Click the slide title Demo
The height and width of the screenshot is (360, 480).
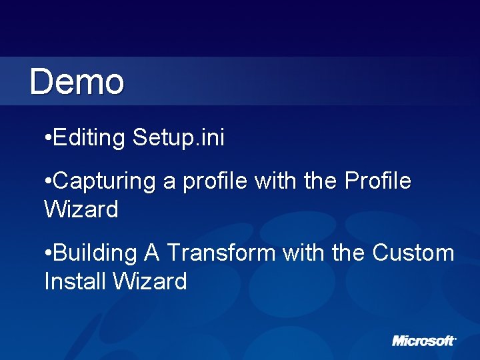[x=77, y=82]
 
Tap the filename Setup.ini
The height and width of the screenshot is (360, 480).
[x=179, y=138]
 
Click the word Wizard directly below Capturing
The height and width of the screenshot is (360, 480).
[x=81, y=210]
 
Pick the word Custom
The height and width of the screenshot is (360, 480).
[x=413, y=253]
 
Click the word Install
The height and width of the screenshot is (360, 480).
[x=75, y=282]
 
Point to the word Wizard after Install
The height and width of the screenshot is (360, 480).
[x=149, y=282]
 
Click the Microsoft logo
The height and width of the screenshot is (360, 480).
[x=424, y=341]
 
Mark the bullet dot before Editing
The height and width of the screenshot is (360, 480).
[x=47, y=139]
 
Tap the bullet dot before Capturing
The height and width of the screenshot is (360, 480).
[x=47, y=182]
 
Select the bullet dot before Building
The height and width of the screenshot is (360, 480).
[x=47, y=254]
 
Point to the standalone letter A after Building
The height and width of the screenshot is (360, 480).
[x=151, y=253]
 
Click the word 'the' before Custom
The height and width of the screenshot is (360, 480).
[x=348, y=253]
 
